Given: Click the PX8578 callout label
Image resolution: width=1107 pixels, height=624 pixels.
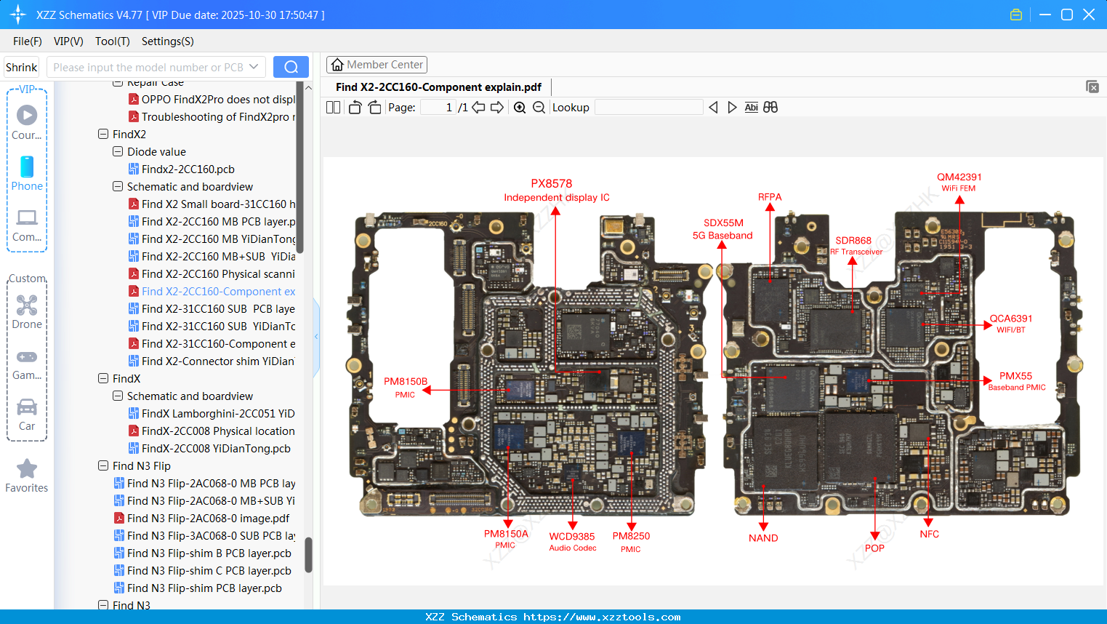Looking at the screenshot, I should coord(552,183).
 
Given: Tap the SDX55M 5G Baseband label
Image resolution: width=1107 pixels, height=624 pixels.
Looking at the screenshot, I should coord(722,228).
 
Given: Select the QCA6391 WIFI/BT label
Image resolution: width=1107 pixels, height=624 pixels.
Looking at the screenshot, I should coord(1010,323).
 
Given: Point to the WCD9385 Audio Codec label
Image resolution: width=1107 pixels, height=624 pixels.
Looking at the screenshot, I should coord(572,541).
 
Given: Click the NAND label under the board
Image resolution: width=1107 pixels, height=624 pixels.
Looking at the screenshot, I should coord(763,538).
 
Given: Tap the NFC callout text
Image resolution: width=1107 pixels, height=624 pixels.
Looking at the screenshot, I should coord(929,534).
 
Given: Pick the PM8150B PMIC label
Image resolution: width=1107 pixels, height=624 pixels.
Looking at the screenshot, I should coord(406,387).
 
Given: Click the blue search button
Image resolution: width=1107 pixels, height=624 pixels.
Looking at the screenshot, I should coord(291,67).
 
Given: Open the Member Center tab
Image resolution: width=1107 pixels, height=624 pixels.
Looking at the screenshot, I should coord(377,65).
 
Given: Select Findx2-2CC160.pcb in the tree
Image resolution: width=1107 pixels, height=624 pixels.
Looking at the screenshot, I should coord(188,169).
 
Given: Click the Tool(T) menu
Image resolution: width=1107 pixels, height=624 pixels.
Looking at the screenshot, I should coord(112,41).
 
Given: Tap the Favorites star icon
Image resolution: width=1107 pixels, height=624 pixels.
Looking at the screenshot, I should coord(27,469).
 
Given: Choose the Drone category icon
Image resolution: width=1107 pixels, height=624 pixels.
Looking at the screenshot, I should coord(27,305).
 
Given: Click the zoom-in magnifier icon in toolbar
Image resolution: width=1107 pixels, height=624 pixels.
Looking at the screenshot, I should coord(520,108).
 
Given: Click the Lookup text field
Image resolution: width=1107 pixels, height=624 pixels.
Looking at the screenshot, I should coord(648,108).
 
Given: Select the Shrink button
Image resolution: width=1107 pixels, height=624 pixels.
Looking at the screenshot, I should coord(21,67).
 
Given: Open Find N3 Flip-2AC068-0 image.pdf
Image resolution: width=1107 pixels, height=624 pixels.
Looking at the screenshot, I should coord(208,519).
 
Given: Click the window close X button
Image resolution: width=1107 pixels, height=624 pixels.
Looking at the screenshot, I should coord(1089,15).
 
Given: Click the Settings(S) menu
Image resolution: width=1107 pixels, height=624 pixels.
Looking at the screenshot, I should coord(167,41).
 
